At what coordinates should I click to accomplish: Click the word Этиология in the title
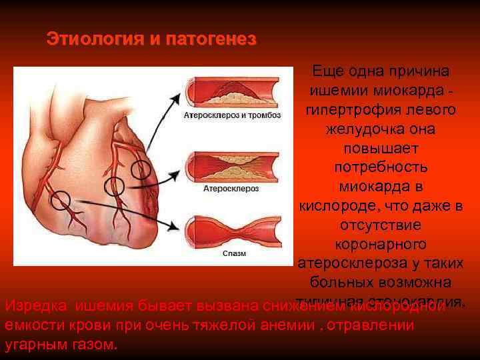pyautogui.click(x=94, y=39)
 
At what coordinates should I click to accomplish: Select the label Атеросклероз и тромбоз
pyautogui.click(x=232, y=115)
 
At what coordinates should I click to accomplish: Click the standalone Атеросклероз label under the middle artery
pyautogui.click(x=231, y=189)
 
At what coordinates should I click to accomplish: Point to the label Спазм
pyautogui.click(x=234, y=253)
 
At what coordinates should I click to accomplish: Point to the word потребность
pyautogui.click(x=379, y=167)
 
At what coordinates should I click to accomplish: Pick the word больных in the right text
pyautogui.click(x=347, y=281)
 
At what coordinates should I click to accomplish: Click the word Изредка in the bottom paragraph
pyautogui.click(x=36, y=306)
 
